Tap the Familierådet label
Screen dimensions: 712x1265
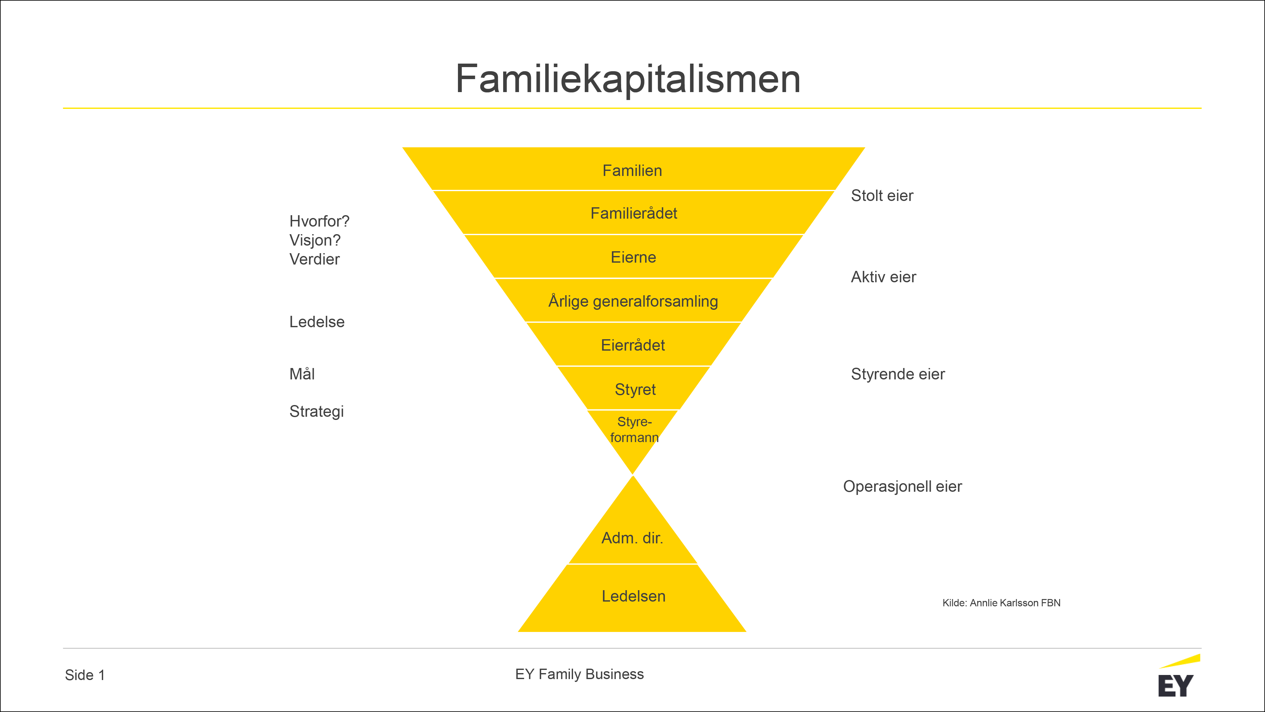[633, 213]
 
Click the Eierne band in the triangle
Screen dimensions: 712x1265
[633, 257]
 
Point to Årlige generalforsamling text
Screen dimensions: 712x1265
[633, 301]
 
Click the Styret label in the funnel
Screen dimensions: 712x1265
[635, 389]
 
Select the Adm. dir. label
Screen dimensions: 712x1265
[632, 538]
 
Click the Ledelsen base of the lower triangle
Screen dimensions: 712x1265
[633, 596]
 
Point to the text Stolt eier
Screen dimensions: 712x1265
[882, 196]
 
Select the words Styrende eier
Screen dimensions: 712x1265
[898, 374]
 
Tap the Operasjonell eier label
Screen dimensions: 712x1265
[902, 486]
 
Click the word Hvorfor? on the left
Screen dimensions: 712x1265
[319, 221]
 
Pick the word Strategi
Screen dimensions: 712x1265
[316, 411]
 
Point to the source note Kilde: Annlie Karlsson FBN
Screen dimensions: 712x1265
[1001, 603]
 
